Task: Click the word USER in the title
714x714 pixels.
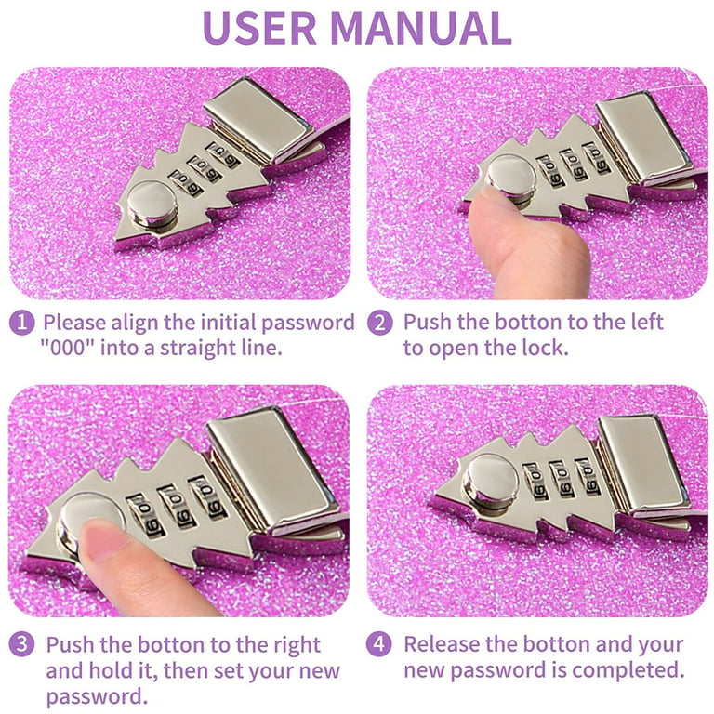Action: coord(259,27)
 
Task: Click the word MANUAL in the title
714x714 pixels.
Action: coord(421,27)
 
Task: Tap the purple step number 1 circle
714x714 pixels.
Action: coord(22,323)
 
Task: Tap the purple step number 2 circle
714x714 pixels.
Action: coord(379,323)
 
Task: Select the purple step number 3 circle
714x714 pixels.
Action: coord(22,644)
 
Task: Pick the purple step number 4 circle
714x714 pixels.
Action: coord(379,644)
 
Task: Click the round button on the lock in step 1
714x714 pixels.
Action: coord(152,204)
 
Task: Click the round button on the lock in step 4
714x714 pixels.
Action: coord(491,481)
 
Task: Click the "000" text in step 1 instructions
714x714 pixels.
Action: coord(67,349)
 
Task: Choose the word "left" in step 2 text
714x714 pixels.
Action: coord(647,322)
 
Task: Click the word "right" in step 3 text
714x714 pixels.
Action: coord(297,646)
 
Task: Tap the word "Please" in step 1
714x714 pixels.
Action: coord(74,323)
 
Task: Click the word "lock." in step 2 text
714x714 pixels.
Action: coord(546,348)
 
